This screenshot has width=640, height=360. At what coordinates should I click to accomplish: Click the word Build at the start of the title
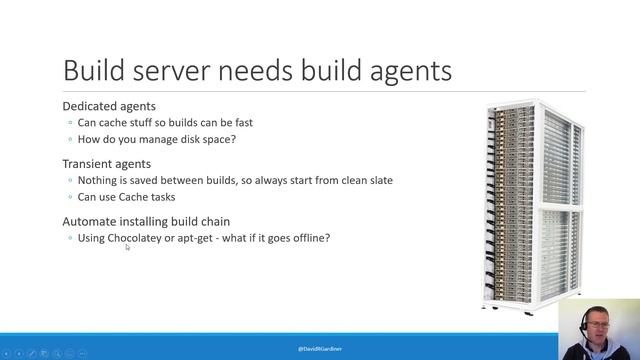pos(94,70)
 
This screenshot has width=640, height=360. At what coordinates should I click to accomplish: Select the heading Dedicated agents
pos(109,106)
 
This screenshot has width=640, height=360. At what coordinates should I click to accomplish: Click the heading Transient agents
pos(107,164)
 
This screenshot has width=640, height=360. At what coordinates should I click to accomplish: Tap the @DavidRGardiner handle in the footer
pos(320,348)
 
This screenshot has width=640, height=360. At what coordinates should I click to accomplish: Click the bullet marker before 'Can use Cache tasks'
pos(70,197)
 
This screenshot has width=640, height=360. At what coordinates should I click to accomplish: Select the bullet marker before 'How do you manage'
pos(70,139)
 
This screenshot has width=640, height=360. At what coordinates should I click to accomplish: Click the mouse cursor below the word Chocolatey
pos(127,247)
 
